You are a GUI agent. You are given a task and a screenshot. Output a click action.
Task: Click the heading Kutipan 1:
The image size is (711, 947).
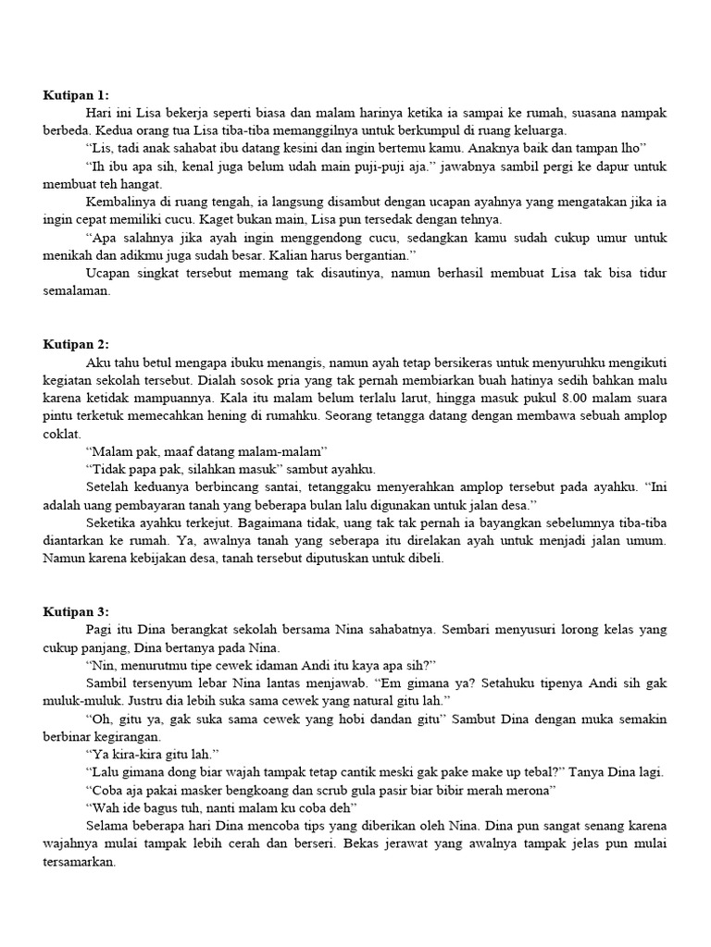click(x=76, y=94)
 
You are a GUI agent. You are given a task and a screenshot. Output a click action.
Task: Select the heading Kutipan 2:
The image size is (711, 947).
click(x=76, y=344)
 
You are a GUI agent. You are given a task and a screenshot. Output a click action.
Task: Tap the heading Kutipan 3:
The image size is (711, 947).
click(x=76, y=611)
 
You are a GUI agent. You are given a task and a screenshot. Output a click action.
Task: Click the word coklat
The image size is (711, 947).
click(x=62, y=433)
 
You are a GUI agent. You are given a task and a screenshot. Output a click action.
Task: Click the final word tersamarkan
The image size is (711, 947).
click(x=81, y=861)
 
